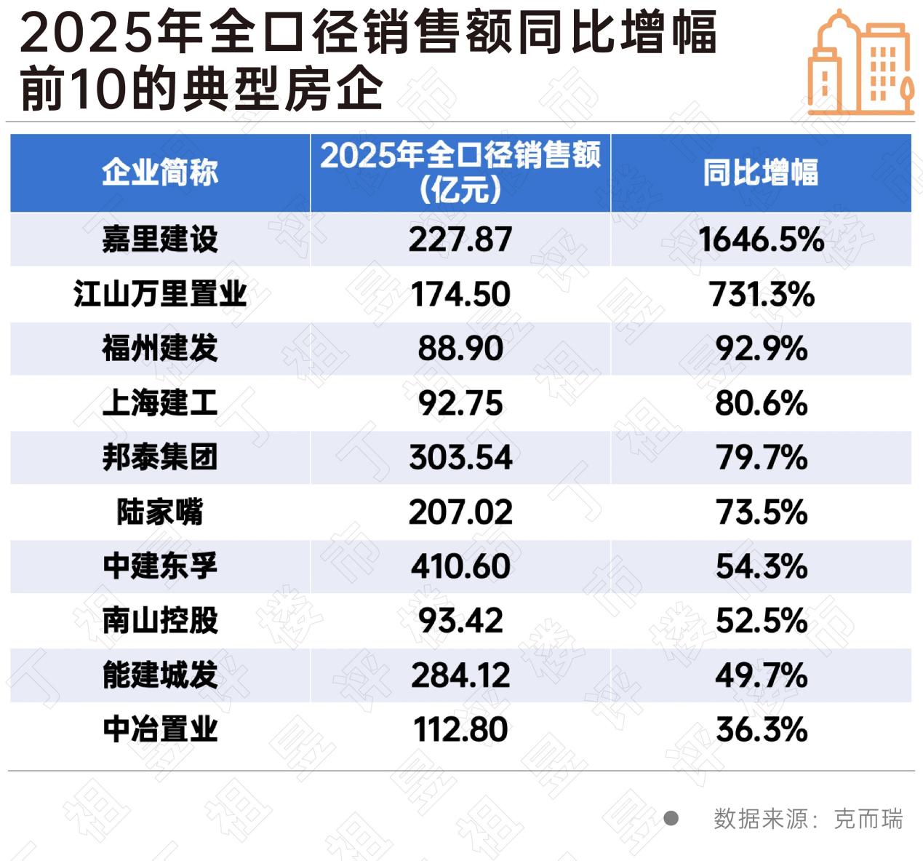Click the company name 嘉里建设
pos(160,239)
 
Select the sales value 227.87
pos(460,239)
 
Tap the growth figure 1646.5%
pos(761,239)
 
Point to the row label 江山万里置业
pos(160,294)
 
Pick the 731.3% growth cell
pos(761,294)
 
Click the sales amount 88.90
pos(460,349)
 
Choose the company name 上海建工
pos(160,403)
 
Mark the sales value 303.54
pos(460,458)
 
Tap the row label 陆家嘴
pos(160,512)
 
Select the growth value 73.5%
pos(761,512)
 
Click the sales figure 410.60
pos(460,566)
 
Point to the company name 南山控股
pos(160,621)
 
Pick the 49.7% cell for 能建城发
pos(761,675)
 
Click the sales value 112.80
pos(460,730)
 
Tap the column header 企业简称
pos(160,173)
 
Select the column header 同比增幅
pos(761,173)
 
